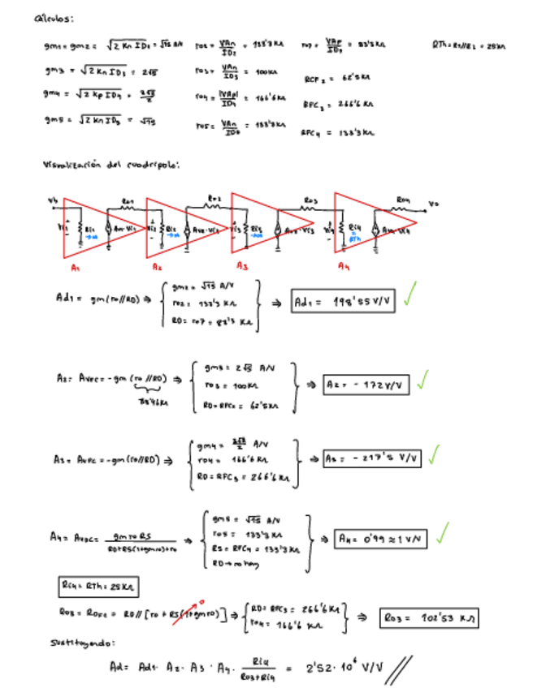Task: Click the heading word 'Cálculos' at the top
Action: (x=54, y=18)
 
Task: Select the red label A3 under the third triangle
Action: (x=242, y=265)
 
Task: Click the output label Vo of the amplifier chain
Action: (x=433, y=204)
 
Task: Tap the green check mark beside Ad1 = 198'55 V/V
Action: (x=411, y=299)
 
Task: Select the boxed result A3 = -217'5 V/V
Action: (x=371, y=458)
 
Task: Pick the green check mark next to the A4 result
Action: (x=443, y=533)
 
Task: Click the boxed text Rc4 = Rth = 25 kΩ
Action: (x=87, y=585)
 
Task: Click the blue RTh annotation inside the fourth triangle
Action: (x=355, y=239)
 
